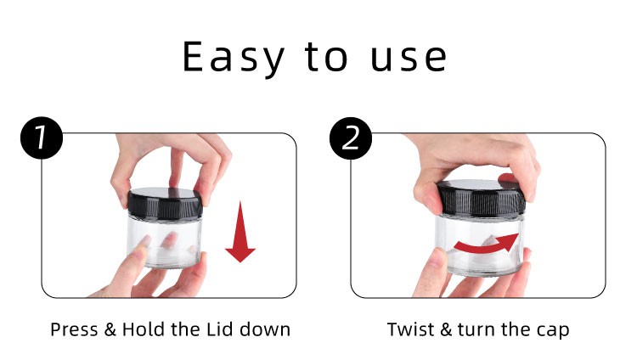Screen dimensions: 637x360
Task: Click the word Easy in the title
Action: click(234, 57)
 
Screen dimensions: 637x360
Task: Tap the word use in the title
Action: click(409, 59)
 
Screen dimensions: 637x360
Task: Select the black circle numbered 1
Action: click(42, 138)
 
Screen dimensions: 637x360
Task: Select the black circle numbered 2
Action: click(351, 138)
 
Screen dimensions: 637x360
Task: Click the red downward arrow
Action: click(240, 232)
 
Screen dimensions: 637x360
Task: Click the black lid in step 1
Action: click(165, 203)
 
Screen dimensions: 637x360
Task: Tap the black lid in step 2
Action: click(481, 198)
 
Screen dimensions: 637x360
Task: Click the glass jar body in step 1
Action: click(165, 243)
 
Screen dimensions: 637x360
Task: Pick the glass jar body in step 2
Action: click(480, 245)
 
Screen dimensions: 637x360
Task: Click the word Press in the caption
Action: click(74, 329)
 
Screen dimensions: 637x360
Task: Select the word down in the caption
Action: click(265, 329)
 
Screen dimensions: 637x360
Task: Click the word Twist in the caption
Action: click(410, 329)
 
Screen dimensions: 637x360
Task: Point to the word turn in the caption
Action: click(477, 329)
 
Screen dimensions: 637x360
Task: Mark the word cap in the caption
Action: click(553, 331)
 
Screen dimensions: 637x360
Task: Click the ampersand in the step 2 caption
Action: click(446, 329)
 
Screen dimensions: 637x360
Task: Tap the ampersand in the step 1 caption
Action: click(110, 329)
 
